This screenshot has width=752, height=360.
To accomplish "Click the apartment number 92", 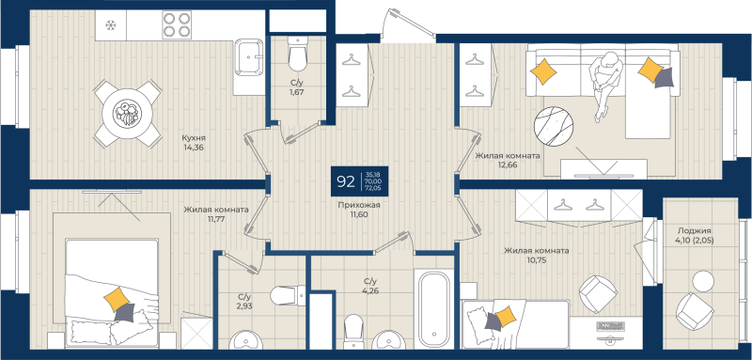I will click(x=346, y=180).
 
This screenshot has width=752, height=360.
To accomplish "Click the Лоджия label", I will click(x=694, y=230).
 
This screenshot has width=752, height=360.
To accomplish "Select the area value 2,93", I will click(x=243, y=307).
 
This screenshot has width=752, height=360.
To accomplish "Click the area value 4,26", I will click(x=370, y=292).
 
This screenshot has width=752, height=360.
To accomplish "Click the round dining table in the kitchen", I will click(x=126, y=114).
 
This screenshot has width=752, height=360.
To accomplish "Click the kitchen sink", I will click(x=249, y=59).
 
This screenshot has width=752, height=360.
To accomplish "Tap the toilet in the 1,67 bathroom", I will click(x=297, y=58).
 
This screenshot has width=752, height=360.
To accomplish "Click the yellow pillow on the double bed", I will click(x=118, y=300).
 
